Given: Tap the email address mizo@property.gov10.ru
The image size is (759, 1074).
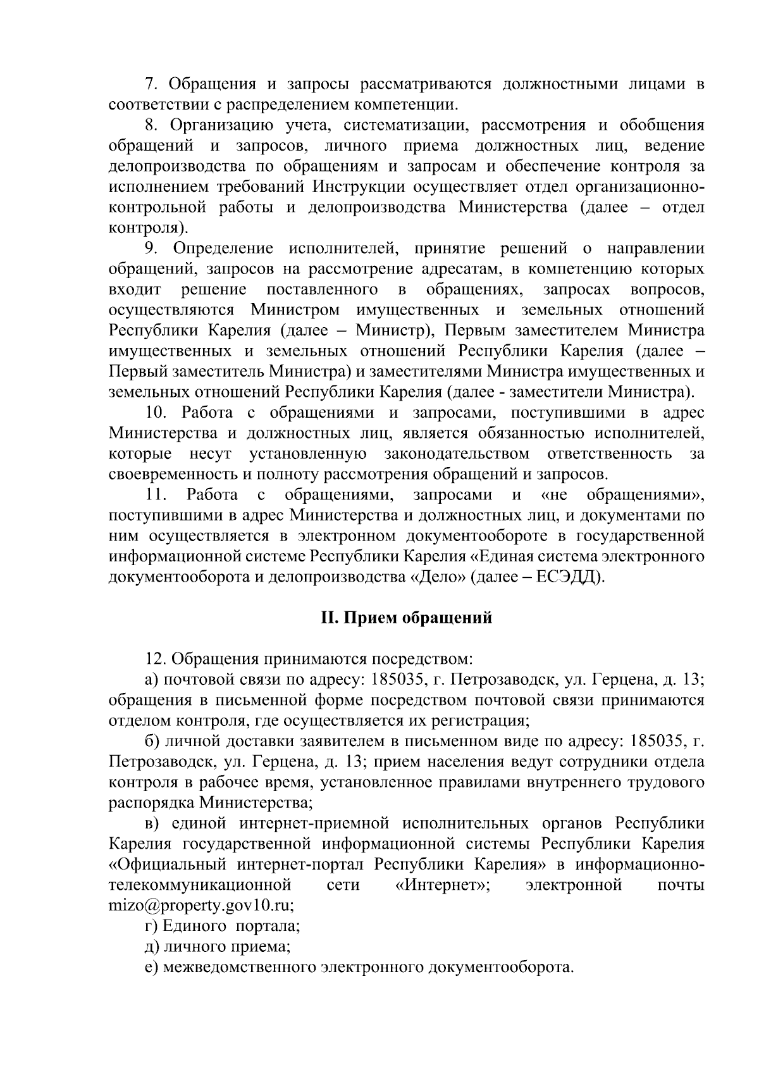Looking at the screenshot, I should (x=201, y=905).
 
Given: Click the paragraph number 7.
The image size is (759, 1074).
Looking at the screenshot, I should (x=151, y=84).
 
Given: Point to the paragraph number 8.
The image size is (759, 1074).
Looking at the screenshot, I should (x=151, y=125).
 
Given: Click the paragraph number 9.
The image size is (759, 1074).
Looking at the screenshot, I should (x=151, y=249).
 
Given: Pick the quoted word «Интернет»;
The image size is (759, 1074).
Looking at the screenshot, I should (x=442, y=885).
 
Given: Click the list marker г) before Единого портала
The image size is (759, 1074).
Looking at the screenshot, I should (x=152, y=926).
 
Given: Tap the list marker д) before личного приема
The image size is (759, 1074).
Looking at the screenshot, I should (x=152, y=947).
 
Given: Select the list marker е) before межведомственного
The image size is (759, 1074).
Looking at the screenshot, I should (x=151, y=967).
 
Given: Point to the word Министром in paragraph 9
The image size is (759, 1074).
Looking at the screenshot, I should (x=295, y=311).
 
